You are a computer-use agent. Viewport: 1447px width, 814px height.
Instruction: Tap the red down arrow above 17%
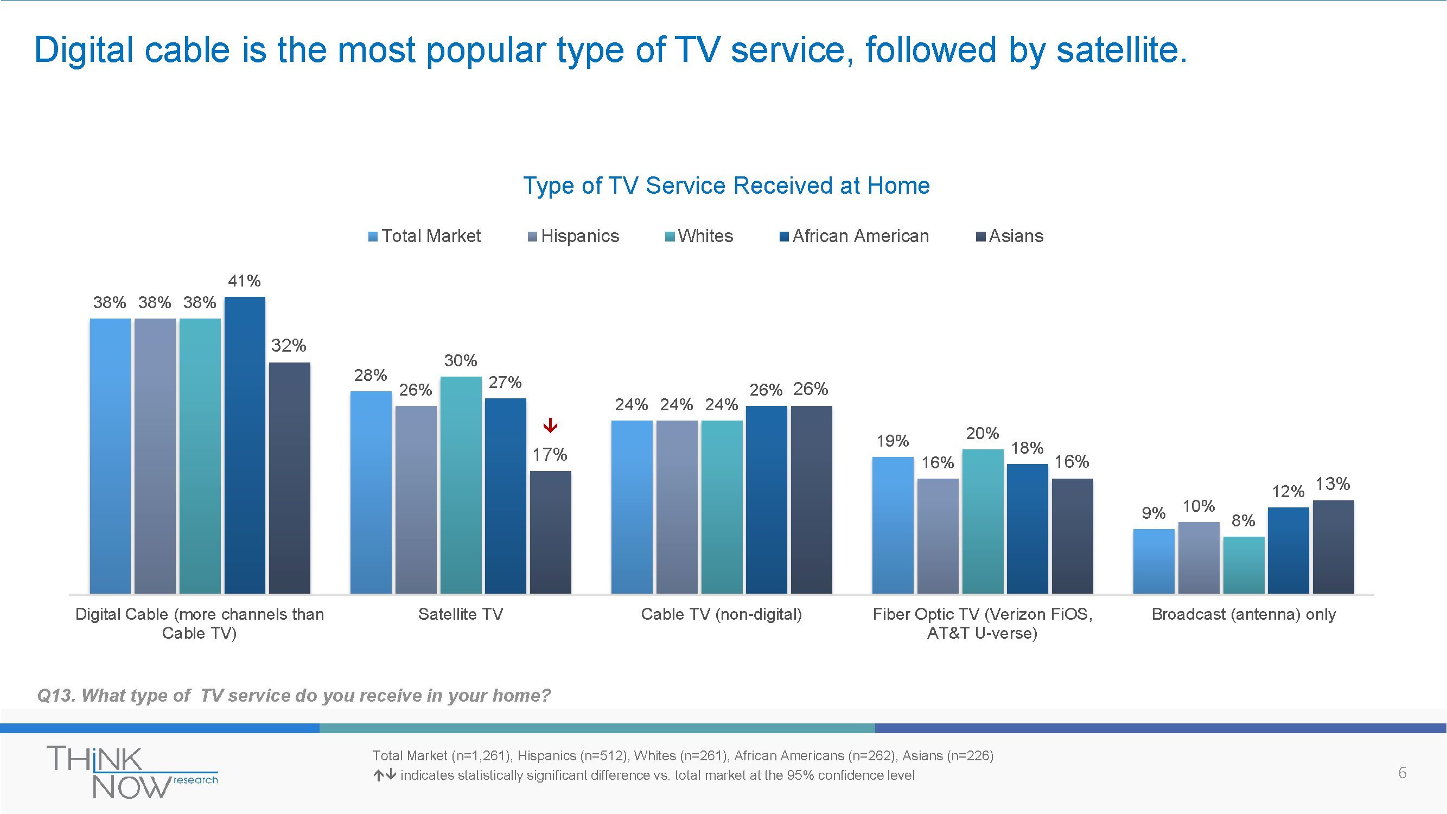point(551,425)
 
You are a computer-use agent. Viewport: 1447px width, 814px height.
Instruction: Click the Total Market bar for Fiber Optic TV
point(893,525)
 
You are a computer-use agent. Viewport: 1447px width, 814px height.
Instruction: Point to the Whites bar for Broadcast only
point(1244,564)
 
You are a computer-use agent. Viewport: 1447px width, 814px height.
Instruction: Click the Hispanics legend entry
point(573,236)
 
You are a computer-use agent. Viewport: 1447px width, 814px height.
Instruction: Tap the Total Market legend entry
point(425,236)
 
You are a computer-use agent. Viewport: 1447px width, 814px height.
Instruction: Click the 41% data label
point(244,281)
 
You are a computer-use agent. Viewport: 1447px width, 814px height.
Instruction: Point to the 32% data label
point(289,346)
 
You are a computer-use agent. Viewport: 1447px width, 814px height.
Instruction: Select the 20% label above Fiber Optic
point(983,433)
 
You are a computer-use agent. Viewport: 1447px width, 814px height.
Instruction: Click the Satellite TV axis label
point(461,614)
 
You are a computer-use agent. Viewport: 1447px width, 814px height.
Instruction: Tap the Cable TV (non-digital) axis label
point(721,614)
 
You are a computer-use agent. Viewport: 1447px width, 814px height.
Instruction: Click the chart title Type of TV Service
point(726,186)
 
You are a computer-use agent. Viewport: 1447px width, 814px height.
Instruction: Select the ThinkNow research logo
point(132,772)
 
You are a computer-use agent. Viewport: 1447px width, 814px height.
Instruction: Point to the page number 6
point(1402,773)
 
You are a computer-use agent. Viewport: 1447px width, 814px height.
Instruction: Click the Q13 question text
point(294,696)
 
